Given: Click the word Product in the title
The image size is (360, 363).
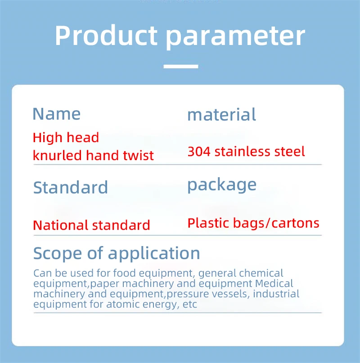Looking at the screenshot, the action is pyautogui.click(x=106, y=36).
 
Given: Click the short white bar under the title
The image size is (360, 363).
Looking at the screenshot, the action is pyautogui.click(x=181, y=67).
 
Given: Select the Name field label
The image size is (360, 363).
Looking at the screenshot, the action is pyautogui.click(x=57, y=114).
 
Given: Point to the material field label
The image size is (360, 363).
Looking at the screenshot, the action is pyautogui.click(x=221, y=114).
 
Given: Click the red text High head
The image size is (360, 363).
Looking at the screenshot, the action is pyautogui.click(x=66, y=138).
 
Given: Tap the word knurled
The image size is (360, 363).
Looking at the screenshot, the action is pyautogui.click(x=57, y=155).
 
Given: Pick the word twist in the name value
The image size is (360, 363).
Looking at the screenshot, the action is pyautogui.click(x=138, y=155).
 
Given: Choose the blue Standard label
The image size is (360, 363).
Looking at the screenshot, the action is pyautogui.click(x=70, y=187).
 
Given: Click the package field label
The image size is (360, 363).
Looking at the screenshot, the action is pyautogui.click(x=222, y=185).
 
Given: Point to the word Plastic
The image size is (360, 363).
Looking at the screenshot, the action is pyautogui.click(x=208, y=223).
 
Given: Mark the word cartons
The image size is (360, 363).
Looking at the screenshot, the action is pyautogui.click(x=295, y=223).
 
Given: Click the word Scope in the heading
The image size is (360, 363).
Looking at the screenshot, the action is pyautogui.click(x=58, y=253).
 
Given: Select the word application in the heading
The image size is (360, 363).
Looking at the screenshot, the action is pyautogui.click(x=154, y=254).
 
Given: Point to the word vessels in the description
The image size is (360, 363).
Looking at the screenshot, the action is pyautogui.click(x=229, y=294).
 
